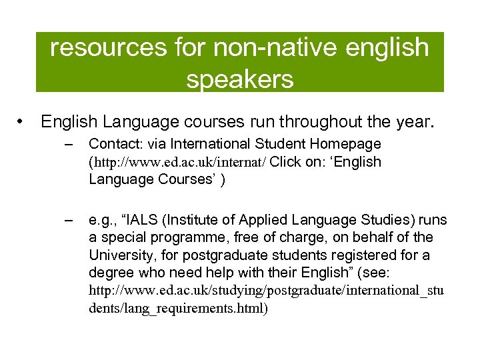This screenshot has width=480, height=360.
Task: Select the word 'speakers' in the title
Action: (240, 79)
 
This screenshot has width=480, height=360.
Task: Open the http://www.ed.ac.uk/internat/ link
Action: (180, 162)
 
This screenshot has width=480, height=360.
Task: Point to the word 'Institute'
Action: (195, 220)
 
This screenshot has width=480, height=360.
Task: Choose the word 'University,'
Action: (121, 255)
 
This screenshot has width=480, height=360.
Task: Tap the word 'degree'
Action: (110, 273)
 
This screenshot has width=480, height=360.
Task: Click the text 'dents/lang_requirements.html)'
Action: (178, 309)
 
